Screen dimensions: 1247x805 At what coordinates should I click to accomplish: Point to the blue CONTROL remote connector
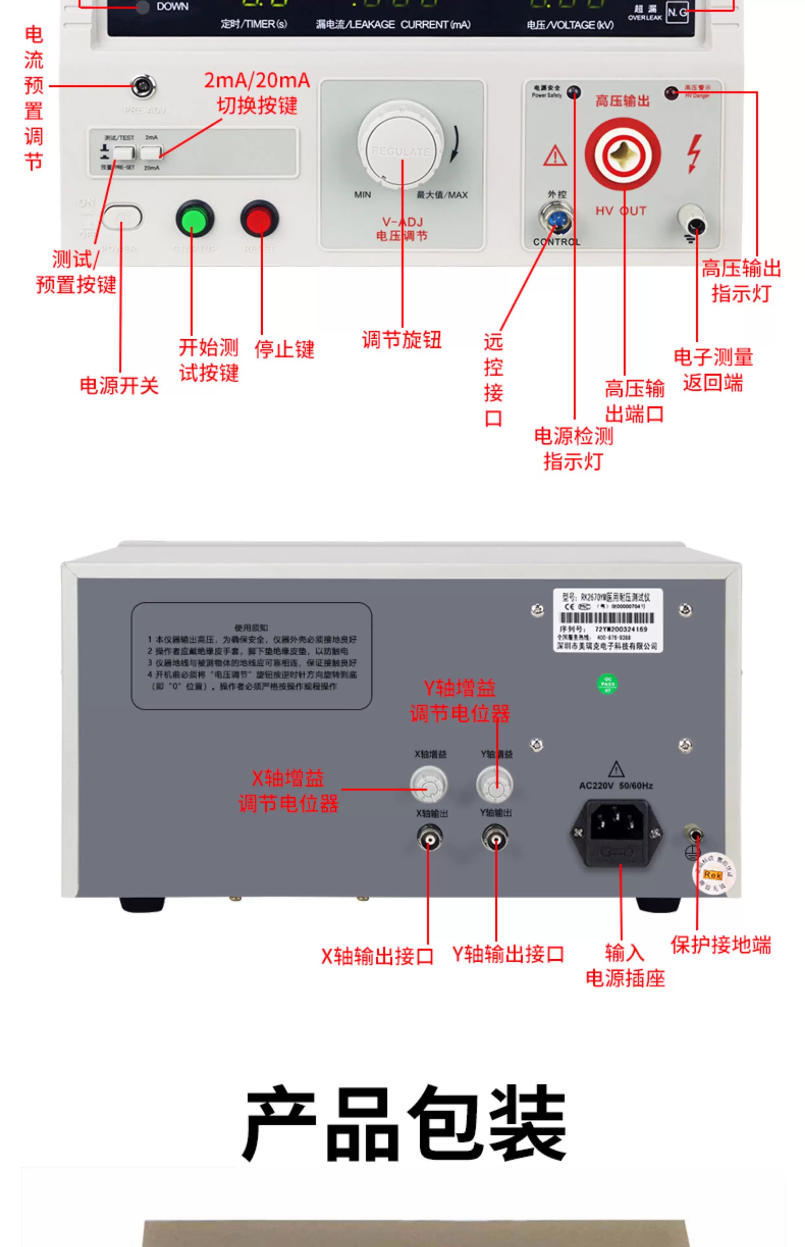(x=556, y=219)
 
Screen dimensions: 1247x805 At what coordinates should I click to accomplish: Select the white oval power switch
(x=122, y=217)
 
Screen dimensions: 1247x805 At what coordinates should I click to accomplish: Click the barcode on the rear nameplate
(x=606, y=618)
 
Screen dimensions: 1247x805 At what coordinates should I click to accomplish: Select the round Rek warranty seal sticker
(x=713, y=874)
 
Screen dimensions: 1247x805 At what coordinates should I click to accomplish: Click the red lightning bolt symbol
(x=694, y=154)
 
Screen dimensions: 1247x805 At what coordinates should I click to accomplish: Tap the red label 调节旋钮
(x=402, y=340)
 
